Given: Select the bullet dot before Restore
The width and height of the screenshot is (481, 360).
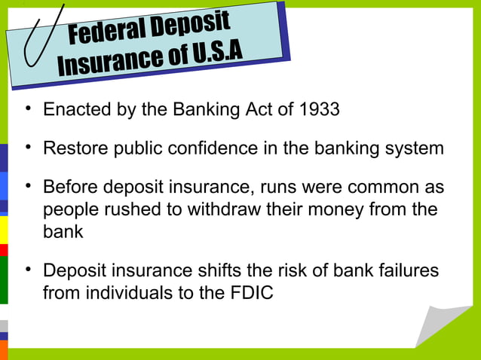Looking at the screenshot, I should pos(27,147).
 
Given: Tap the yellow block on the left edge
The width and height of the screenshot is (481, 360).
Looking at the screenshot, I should pos(4,230).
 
